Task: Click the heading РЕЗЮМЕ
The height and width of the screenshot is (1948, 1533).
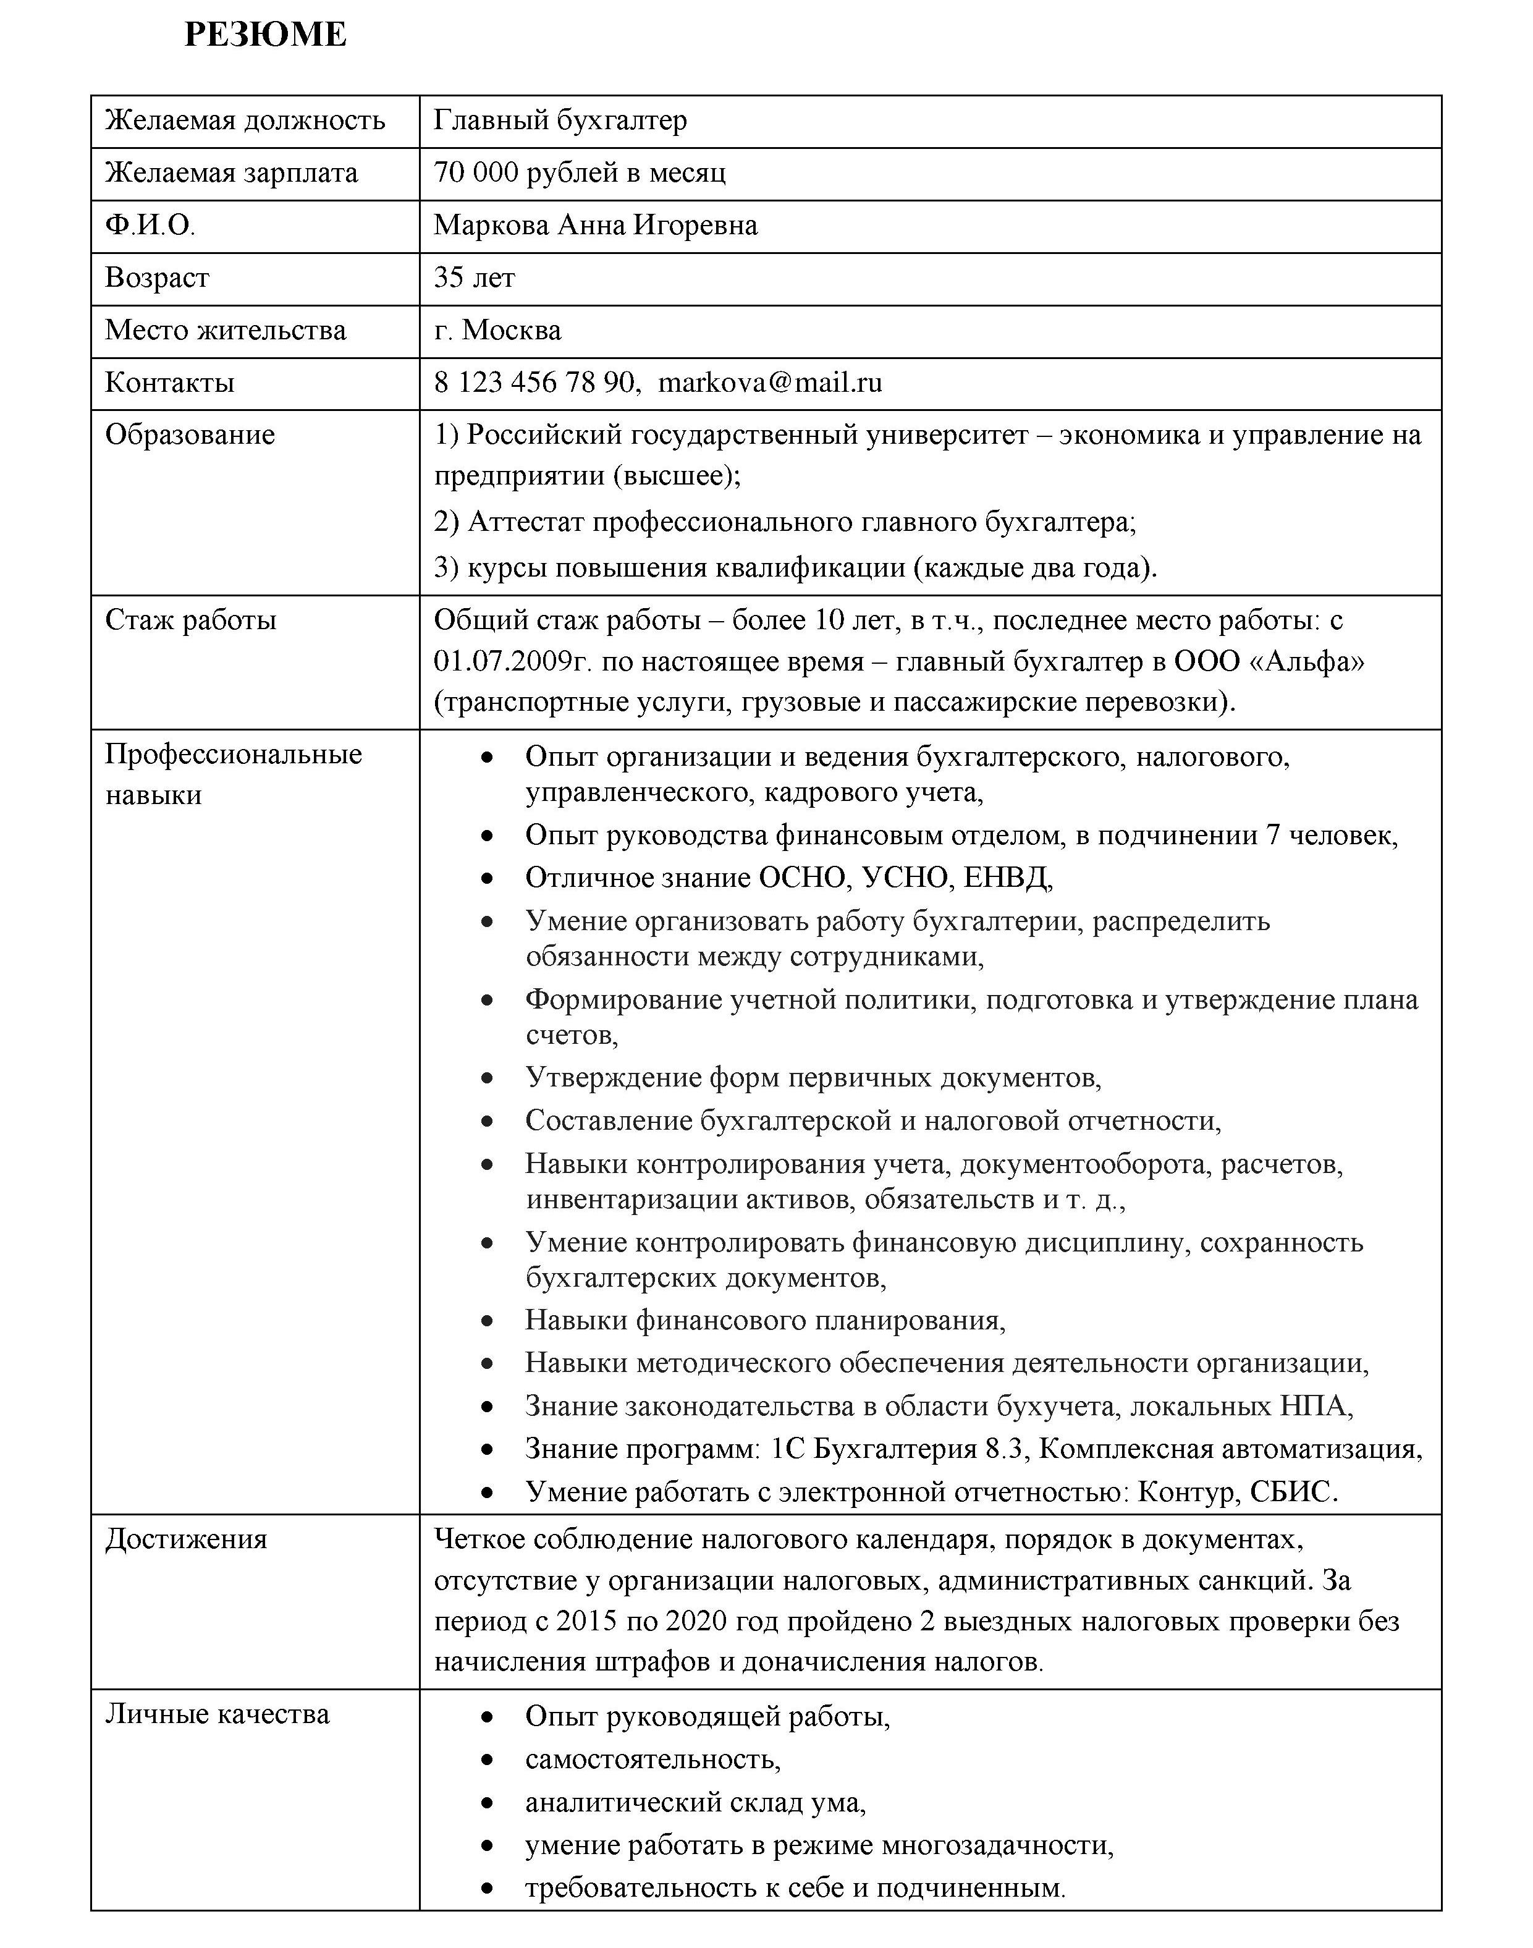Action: pos(265,35)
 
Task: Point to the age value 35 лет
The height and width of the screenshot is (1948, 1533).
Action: pos(474,277)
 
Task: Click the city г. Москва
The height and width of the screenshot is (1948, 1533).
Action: pos(497,331)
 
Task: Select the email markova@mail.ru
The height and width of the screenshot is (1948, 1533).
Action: pos(770,383)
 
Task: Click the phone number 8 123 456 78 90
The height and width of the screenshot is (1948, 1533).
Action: pos(535,383)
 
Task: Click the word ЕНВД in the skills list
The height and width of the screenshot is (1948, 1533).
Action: pos(1006,878)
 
